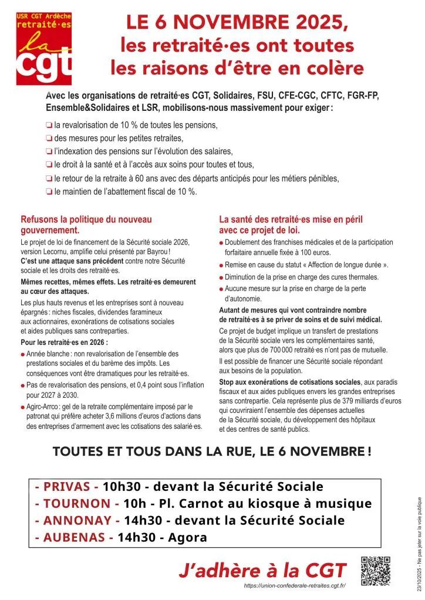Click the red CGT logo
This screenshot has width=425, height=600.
coord(44,48)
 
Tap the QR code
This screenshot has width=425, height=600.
coord(375,571)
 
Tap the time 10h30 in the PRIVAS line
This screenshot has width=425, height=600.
coord(121,487)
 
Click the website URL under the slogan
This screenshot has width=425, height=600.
coord(295,586)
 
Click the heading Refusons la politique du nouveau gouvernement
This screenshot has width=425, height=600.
coord(86,225)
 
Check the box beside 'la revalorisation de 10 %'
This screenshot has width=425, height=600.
coord(49,125)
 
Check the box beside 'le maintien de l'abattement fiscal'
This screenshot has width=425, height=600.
coord(49,192)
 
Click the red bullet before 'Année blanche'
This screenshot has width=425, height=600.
coord(22,354)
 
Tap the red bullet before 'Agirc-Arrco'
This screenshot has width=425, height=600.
coord(22,406)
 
